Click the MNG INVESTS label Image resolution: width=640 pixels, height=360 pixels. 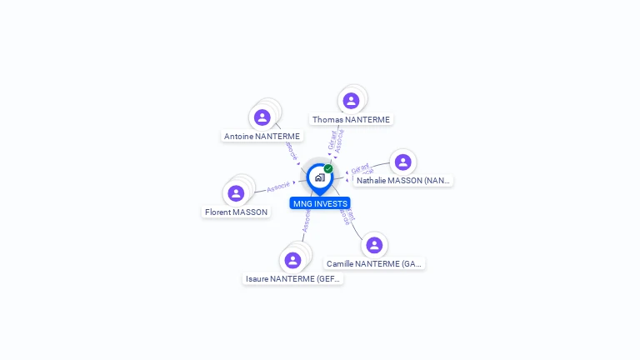click(x=320, y=203)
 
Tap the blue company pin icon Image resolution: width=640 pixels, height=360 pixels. click(x=319, y=177)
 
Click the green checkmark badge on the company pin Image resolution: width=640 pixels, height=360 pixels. click(x=328, y=168)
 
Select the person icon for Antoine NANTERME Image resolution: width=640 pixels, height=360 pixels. click(x=262, y=117)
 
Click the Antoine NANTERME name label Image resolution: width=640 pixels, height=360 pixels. click(x=262, y=136)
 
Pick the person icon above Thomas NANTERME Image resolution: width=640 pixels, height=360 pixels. click(x=351, y=101)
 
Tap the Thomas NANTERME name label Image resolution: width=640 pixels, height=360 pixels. click(x=351, y=119)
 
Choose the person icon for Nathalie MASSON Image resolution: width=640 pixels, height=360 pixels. click(x=402, y=162)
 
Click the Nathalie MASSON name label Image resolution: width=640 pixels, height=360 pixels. click(x=403, y=180)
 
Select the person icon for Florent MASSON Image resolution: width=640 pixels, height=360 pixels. click(x=236, y=193)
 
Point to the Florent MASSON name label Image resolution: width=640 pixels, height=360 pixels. click(x=237, y=212)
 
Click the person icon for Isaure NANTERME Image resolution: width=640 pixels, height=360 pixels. click(x=292, y=260)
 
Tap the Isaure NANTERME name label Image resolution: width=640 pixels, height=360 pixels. click(x=292, y=278)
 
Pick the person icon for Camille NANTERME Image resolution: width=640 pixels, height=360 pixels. click(x=374, y=245)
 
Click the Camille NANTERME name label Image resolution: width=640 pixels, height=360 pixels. click(x=374, y=263)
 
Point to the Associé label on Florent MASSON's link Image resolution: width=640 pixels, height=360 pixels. click(x=278, y=187)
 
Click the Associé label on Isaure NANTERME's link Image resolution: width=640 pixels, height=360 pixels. click(x=306, y=221)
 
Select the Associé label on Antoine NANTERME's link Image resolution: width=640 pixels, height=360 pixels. click(x=292, y=150)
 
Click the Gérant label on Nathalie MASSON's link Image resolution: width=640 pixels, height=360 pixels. click(x=360, y=167)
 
